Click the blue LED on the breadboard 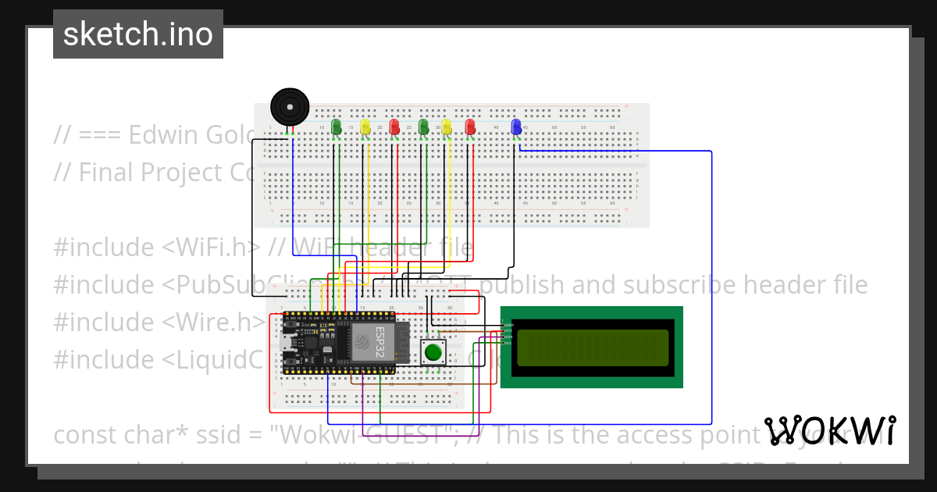[x=515, y=127]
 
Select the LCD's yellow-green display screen [x=593, y=348]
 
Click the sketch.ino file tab [x=138, y=34]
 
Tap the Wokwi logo [x=830, y=431]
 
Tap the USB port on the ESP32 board [x=287, y=341]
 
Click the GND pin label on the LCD [x=508, y=325]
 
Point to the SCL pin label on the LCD [x=508, y=344]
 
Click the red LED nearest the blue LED [x=470, y=127]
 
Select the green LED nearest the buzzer [x=337, y=127]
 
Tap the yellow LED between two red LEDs [x=447, y=127]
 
